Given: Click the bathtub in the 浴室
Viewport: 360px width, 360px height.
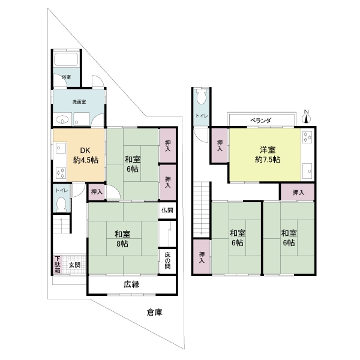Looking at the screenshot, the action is (66, 59).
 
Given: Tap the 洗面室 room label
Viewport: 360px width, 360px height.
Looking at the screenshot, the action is (79, 102).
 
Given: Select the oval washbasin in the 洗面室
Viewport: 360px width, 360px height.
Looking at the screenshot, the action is (62, 119).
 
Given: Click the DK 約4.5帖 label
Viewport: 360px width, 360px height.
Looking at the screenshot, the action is (85, 155).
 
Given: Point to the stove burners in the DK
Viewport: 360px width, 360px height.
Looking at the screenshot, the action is (61, 173).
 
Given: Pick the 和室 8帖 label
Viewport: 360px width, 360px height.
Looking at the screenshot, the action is (122, 239).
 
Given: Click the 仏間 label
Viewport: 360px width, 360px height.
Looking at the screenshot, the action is (167, 210).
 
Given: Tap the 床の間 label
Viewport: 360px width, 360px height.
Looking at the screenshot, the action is (167, 260).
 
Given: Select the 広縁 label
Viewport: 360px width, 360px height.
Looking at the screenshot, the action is (131, 284).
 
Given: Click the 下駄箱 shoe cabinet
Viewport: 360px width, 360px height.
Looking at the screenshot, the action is (58, 265).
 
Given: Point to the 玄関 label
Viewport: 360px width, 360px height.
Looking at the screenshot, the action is (75, 265).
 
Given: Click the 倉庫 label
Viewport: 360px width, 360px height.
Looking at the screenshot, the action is (155, 312).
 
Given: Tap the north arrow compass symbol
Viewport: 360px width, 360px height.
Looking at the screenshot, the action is (306, 117).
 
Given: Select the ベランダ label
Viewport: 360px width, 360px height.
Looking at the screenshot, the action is (260, 121).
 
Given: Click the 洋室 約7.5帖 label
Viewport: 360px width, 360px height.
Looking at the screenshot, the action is (268, 155).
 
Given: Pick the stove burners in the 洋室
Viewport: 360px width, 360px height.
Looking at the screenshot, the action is (307, 137).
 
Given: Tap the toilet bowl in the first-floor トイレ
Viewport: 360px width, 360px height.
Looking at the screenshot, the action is (61, 204).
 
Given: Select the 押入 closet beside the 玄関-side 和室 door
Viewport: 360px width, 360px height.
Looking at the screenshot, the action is (97, 192).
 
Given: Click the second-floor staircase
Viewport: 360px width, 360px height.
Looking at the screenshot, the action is (202, 209).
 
